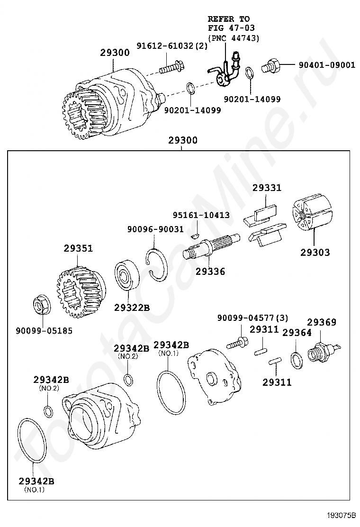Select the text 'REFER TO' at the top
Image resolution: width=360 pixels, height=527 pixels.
228,19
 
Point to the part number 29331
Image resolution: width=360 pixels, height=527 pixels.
266,188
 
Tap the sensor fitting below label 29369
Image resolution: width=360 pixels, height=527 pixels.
319,353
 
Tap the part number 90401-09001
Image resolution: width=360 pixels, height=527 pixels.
326,65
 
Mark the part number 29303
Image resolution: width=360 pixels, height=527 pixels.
315,253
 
